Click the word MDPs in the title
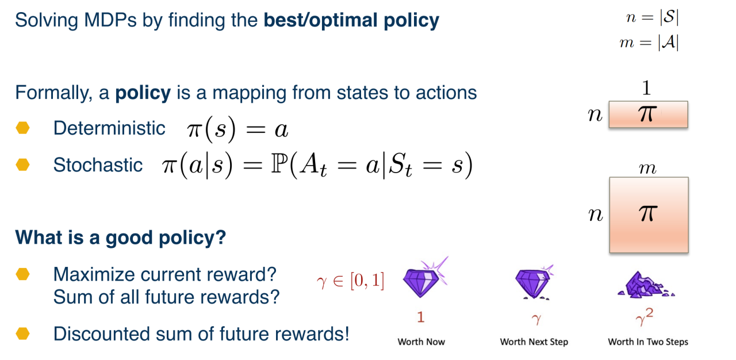(x=110, y=20)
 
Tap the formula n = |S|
(x=652, y=17)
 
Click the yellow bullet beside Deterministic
(x=22, y=128)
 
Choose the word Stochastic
(x=98, y=164)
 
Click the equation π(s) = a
(x=237, y=129)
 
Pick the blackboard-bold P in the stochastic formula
(x=279, y=164)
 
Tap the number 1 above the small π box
(x=646, y=88)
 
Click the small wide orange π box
(x=648, y=114)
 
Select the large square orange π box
(x=649, y=215)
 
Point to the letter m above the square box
(x=647, y=168)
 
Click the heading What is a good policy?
(x=121, y=238)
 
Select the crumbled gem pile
(x=646, y=285)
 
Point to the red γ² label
(x=645, y=317)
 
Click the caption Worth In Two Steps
(x=648, y=342)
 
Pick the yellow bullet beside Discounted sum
(x=22, y=334)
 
